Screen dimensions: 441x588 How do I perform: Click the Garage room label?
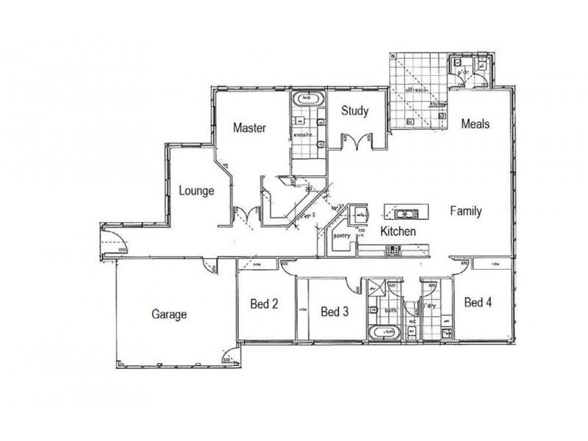click(169, 315)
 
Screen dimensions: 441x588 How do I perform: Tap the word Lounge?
click(196, 191)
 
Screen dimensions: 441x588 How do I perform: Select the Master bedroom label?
click(249, 128)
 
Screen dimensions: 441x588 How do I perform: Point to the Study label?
click(354, 112)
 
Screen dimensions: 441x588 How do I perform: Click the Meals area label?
click(475, 124)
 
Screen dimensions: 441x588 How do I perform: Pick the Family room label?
click(466, 212)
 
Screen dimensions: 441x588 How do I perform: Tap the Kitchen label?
click(398, 232)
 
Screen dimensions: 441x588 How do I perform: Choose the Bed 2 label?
click(264, 304)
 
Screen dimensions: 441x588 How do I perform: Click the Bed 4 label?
click(478, 302)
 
